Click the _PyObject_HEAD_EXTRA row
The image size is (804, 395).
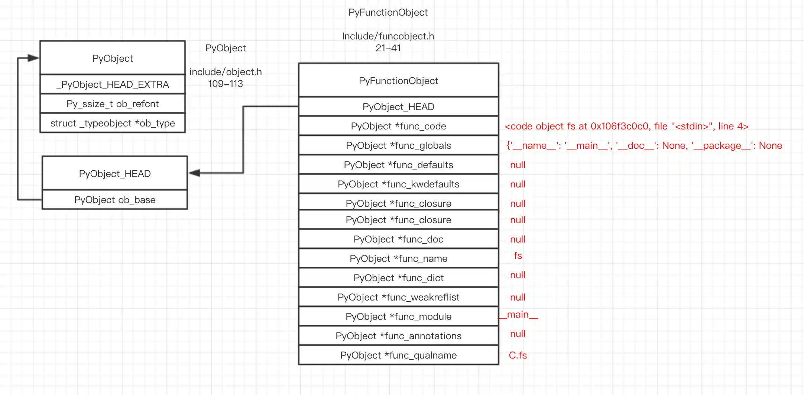tap(113, 84)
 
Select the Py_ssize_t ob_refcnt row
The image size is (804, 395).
tap(113, 104)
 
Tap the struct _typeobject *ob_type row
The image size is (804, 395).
tap(113, 123)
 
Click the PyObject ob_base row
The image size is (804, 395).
tap(115, 200)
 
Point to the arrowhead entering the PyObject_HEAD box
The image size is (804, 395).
tap(194, 173)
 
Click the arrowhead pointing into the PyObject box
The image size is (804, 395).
tap(33, 58)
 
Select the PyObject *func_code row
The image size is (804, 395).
tap(398, 126)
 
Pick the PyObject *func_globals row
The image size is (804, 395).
tap(398, 145)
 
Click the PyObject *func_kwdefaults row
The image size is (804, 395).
tap(398, 184)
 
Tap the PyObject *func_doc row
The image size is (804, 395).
tap(398, 239)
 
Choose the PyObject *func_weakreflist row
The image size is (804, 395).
tap(398, 297)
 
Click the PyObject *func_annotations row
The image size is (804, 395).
tap(398, 336)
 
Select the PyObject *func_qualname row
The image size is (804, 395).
tap(398, 355)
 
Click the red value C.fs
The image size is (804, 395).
tap(518, 355)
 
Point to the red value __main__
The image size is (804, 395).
tap(518, 315)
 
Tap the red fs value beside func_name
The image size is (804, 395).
tap(518, 256)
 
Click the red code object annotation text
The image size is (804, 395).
tap(626, 126)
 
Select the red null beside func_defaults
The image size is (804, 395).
tap(518, 165)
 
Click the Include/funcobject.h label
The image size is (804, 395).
tap(388, 36)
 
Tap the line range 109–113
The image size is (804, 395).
tap(226, 84)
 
